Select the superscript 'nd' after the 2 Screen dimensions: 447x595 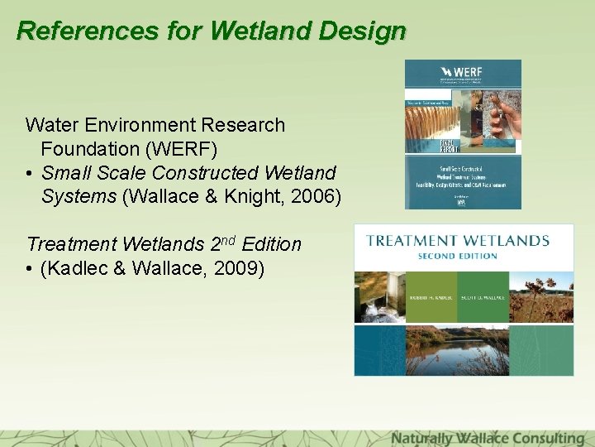tap(228, 240)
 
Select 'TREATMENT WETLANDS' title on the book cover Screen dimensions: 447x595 tap(458, 241)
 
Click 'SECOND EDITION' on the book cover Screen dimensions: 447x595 tap(457, 256)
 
